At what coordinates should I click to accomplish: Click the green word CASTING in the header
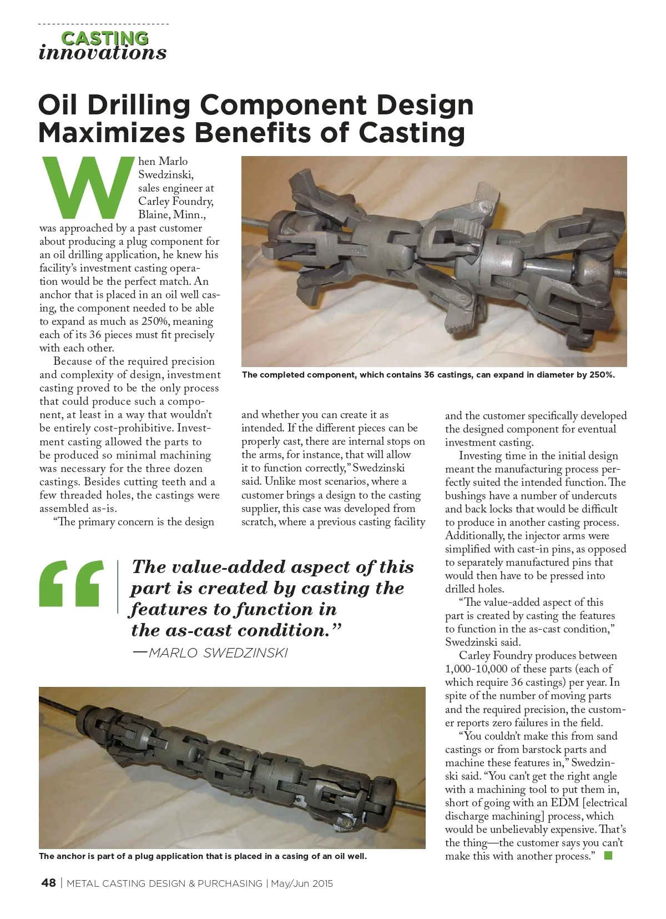[104, 38]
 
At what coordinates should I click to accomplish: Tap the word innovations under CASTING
[103, 53]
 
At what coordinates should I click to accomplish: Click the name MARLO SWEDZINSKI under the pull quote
[218, 653]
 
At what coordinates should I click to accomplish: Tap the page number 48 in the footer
[48, 883]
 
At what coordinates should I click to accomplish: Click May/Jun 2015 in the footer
[302, 883]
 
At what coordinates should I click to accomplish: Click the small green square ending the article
[608, 856]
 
